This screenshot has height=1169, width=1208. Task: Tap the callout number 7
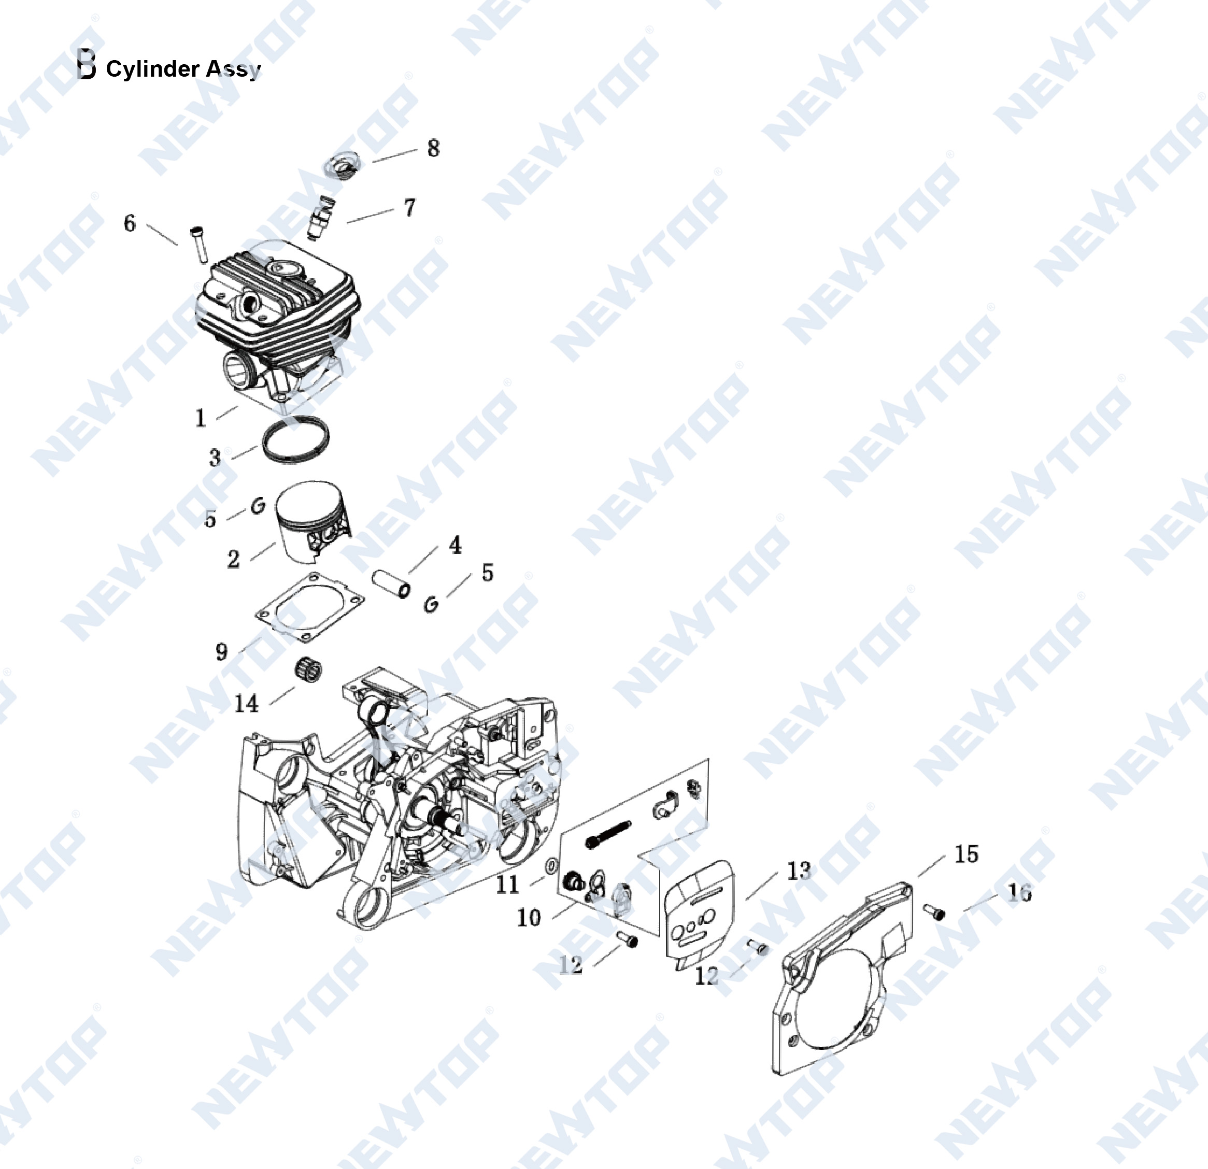[410, 208]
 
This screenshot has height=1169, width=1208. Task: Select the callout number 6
[129, 223]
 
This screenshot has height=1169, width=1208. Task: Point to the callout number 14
[246, 703]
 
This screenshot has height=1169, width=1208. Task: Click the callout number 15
[966, 854]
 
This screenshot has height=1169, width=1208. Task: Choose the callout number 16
[1019, 892]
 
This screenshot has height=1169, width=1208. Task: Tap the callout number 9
[221, 651]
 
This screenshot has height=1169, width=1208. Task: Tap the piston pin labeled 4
[391, 583]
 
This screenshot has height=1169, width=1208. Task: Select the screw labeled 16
[934, 911]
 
